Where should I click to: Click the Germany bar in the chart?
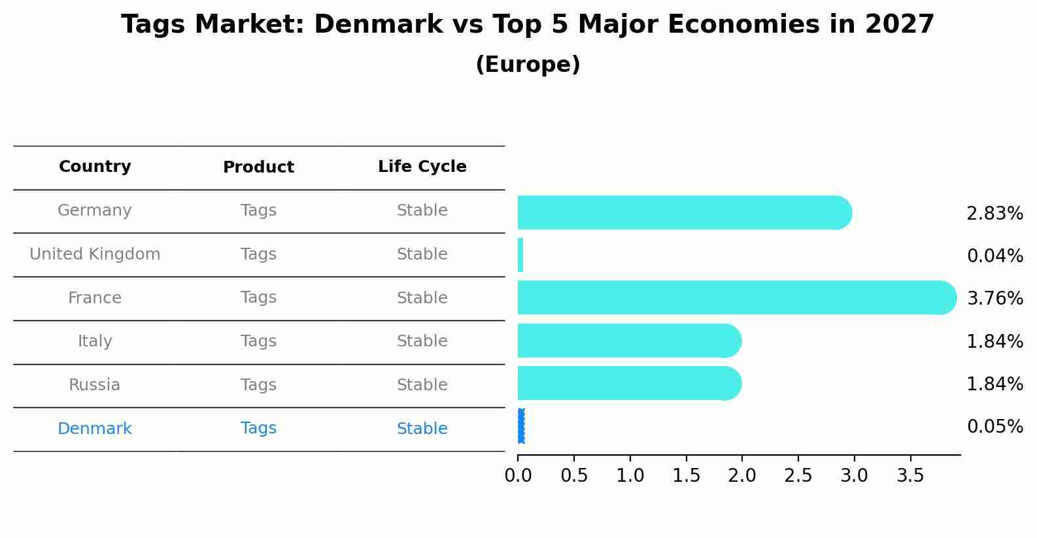(x=683, y=212)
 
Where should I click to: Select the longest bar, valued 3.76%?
(x=736, y=297)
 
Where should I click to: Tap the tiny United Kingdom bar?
(x=520, y=255)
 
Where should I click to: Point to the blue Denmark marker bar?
(x=521, y=426)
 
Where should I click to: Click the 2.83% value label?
(x=994, y=214)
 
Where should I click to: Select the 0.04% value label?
(x=994, y=256)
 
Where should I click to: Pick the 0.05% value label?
(x=994, y=427)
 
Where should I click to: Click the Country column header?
(x=95, y=167)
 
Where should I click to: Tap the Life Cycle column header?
(x=422, y=167)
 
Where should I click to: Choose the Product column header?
(x=258, y=167)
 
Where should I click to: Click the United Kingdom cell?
(x=95, y=254)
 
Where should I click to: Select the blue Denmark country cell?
(x=95, y=429)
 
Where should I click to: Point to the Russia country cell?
(x=95, y=385)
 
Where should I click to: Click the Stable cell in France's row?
(x=422, y=298)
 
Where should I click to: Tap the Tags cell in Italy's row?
(x=258, y=341)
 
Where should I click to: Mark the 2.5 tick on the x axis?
(x=798, y=476)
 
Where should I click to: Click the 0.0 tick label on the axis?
(x=518, y=476)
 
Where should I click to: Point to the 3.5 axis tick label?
(x=910, y=476)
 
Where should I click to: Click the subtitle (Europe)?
(x=528, y=65)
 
